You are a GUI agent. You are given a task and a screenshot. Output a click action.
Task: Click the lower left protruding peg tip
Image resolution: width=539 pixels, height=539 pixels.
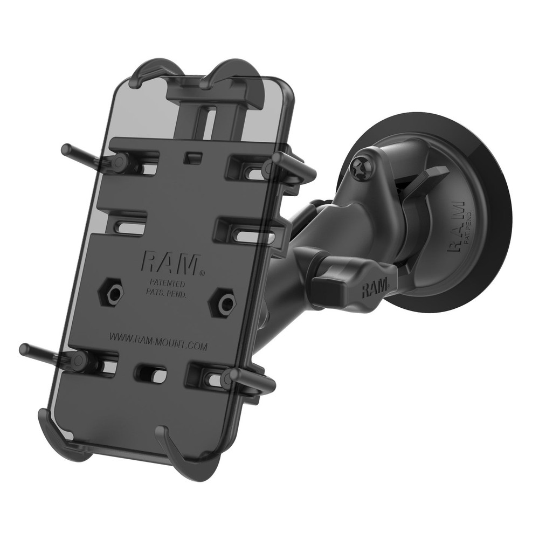click(24, 349)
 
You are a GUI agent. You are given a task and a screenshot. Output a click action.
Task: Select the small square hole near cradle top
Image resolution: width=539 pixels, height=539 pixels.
click(193, 157)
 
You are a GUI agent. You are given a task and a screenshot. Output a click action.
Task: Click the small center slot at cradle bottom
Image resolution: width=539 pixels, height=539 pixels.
click(149, 373)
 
